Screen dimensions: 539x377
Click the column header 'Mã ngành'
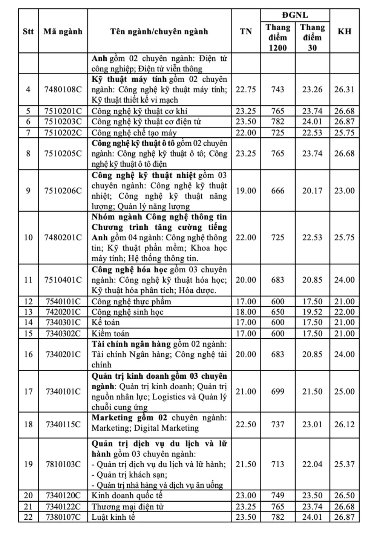point(63,31)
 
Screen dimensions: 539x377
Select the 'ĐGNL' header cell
point(295,15)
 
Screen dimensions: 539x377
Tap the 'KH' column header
point(344,31)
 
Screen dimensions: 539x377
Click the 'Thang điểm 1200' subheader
point(278,37)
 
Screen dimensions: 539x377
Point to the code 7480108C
point(63,89)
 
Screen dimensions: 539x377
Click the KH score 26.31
point(344,89)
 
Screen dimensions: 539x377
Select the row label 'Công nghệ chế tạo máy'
point(134,132)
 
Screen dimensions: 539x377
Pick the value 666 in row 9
point(278,190)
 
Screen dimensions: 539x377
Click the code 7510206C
point(63,190)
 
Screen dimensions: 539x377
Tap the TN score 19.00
point(246,190)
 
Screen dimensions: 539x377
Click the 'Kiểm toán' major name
point(110,333)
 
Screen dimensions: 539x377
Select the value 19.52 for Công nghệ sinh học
point(312,312)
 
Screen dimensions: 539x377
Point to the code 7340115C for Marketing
point(63,424)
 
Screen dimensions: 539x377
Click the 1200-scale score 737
point(278,424)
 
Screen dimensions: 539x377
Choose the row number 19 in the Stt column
point(28,464)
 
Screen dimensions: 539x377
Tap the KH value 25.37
point(344,464)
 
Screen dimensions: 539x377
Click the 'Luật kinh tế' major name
point(113,517)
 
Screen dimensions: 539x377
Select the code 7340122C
point(63,507)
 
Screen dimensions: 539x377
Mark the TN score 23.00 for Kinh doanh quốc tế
point(246,495)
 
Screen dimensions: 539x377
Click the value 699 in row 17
point(278,391)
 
